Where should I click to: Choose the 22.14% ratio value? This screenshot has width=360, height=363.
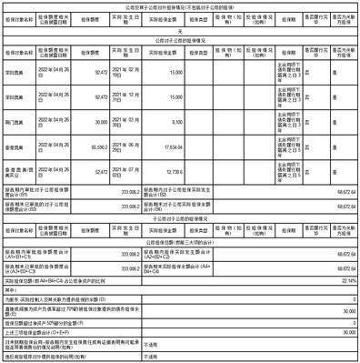pyautogui.click(x=345, y=281)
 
